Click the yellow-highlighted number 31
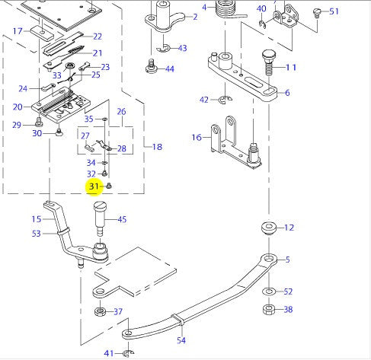pyautogui.click(x=94, y=186)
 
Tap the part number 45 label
pyautogui.click(x=122, y=219)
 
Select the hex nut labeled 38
pyautogui.click(x=269, y=310)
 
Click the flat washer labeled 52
pyautogui.click(x=269, y=292)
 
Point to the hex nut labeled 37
pyautogui.click(x=100, y=311)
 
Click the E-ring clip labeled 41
pyautogui.click(x=128, y=353)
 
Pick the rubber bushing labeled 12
pyautogui.click(x=269, y=228)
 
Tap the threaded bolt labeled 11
pyautogui.click(x=268, y=62)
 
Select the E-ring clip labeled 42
pyautogui.click(x=225, y=100)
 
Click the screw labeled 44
pyautogui.click(x=152, y=66)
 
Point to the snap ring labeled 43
pyautogui.click(x=163, y=48)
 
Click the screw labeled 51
pyautogui.click(x=317, y=13)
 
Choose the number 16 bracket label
pyautogui.click(x=197, y=138)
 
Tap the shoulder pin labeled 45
pyautogui.click(x=100, y=218)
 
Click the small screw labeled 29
pyautogui.click(x=39, y=122)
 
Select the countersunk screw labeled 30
pyautogui.click(x=59, y=132)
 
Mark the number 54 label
pyautogui.click(x=181, y=340)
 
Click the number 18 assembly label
pyautogui.click(x=157, y=147)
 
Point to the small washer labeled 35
pyautogui.click(x=104, y=119)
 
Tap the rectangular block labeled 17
pyautogui.click(x=42, y=33)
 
